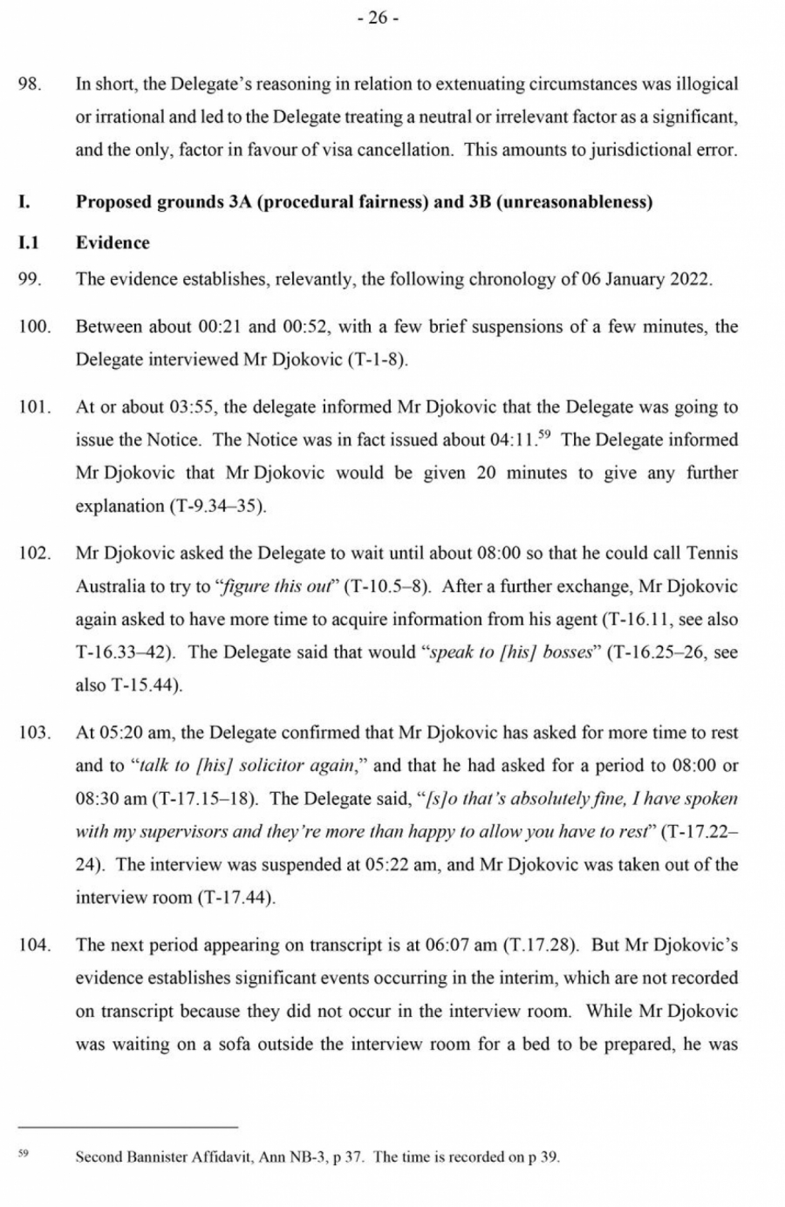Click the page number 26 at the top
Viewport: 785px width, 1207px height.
pyautogui.click(x=378, y=19)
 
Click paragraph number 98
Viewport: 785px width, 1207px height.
pyautogui.click(x=31, y=85)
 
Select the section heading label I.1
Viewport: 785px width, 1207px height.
pyautogui.click(x=29, y=242)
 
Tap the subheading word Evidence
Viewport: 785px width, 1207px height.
pyautogui.click(x=113, y=242)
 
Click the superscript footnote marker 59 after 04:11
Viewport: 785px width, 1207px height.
pyautogui.click(x=546, y=433)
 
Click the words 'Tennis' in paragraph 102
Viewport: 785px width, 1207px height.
pyautogui.click(x=712, y=554)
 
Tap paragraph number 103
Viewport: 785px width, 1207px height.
pyautogui.click(x=35, y=733)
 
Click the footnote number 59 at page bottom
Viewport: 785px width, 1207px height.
pyautogui.click(x=24, y=1154)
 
